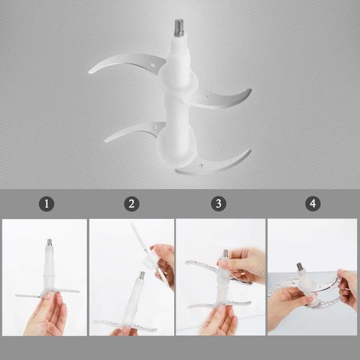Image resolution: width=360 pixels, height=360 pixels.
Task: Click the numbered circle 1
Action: coord(46,204)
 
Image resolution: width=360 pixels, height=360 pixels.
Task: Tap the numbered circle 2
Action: coord(131,204)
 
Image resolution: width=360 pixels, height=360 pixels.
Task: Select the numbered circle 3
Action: coord(218,204)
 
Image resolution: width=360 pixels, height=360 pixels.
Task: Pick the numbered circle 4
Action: coord(313,204)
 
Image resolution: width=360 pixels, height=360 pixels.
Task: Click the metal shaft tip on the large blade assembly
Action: coord(178,28)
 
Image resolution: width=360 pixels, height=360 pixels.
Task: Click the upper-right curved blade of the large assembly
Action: coord(220,98)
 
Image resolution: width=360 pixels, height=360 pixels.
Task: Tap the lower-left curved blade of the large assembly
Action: coord(133,131)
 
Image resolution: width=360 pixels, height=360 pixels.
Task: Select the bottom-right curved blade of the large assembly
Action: coord(215,163)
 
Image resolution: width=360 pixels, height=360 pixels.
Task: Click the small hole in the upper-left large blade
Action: coord(152,65)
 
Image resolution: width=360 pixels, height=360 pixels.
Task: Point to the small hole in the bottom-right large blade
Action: coord(200,165)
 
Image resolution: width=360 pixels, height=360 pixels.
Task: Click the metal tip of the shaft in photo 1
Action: coord(49,242)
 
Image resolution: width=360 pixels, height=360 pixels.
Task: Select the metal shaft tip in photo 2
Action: coord(142,275)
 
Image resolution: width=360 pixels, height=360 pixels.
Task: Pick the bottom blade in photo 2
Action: coord(125,325)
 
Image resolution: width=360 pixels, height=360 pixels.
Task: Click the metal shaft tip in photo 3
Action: coord(226,253)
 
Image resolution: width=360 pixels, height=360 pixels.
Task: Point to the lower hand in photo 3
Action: coord(219,321)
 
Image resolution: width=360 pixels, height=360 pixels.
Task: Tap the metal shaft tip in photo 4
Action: coord(299,266)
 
